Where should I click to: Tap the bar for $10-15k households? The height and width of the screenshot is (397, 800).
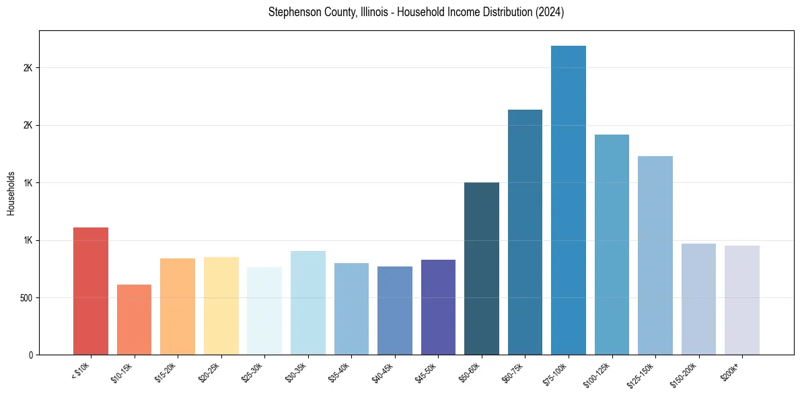click(x=134, y=320)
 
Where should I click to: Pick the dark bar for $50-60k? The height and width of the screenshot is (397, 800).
click(x=481, y=268)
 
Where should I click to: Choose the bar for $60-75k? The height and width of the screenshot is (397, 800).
click(x=525, y=232)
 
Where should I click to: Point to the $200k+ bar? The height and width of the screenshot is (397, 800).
click(x=741, y=300)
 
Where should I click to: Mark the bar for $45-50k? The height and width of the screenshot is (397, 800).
click(x=438, y=307)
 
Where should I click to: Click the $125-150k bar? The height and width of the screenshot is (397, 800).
click(x=655, y=255)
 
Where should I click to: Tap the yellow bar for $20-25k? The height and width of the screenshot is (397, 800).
click(x=221, y=305)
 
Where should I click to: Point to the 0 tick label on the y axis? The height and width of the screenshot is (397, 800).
click(x=31, y=355)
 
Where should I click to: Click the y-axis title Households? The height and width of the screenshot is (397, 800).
click(x=11, y=193)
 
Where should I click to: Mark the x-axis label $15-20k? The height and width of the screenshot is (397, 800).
click(x=168, y=371)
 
